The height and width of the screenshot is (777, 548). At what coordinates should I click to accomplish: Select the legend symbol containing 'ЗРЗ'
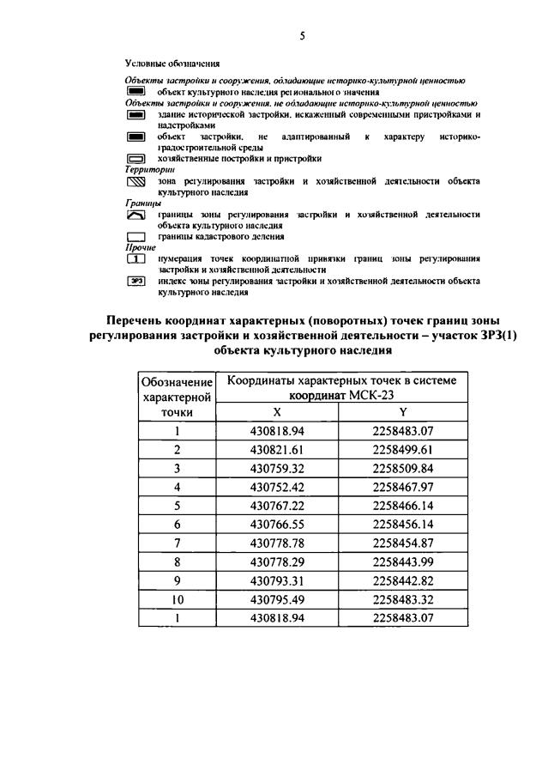pyautogui.click(x=136, y=281)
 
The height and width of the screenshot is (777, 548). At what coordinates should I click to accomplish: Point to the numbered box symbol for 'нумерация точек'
pyautogui.click(x=137, y=258)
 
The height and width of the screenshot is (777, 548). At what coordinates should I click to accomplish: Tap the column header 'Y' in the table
pyautogui.click(x=403, y=412)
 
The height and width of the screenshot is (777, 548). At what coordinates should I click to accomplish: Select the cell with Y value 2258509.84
pyautogui.click(x=403, y=469)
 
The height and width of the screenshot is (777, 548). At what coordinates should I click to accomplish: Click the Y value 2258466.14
pyautogui.click(x=403, y=507)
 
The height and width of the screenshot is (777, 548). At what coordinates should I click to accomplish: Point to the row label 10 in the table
pyautogui.click(x=177, y=600)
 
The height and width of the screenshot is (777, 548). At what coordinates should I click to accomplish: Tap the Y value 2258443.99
pyautogui.click(x=403, y=562)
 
